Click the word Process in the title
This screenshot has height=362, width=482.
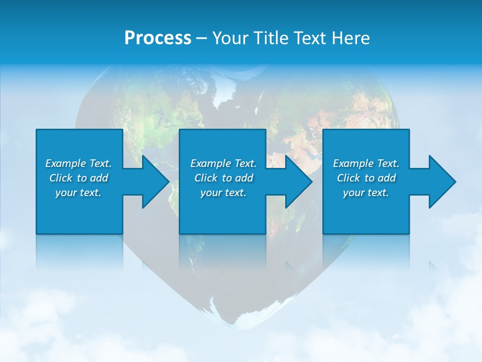[158, 38]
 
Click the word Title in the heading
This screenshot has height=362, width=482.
[268, 38]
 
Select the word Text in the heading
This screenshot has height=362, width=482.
[310, 38]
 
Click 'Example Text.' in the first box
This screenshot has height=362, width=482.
[78, 163]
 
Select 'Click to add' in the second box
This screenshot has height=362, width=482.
[223, 178]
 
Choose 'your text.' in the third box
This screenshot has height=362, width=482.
[366, 193]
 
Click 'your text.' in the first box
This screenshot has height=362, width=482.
[78, 193]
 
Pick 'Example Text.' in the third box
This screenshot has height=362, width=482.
[366, 163]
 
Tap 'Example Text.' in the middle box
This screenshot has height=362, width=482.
[223, 163]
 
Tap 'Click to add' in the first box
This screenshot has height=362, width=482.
[78, 178]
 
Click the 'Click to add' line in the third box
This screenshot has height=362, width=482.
[366, 178]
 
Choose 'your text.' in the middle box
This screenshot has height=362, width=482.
[223, 193]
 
